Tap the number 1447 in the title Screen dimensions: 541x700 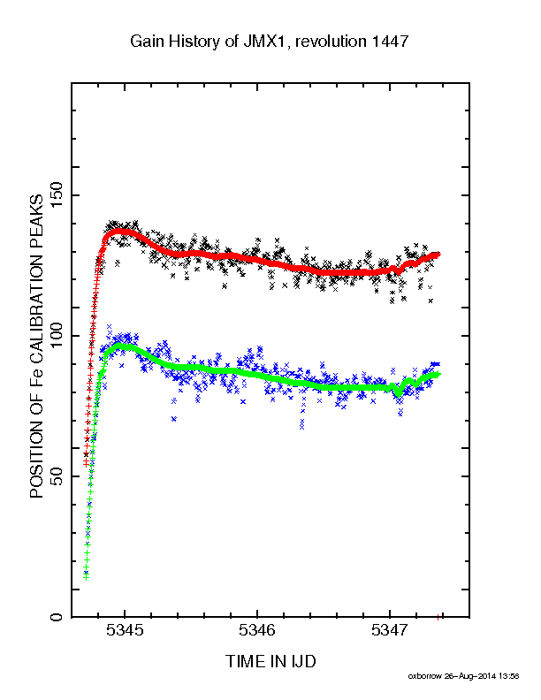390,42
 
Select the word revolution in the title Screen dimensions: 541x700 331,42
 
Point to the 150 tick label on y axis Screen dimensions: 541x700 57,195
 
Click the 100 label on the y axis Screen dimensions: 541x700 57,336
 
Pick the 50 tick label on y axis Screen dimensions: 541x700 57,476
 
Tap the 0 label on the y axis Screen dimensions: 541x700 57,617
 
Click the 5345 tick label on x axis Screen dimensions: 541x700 125,630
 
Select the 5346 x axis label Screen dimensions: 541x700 257,630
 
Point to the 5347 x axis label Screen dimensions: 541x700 390,630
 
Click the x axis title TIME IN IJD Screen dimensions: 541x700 271,661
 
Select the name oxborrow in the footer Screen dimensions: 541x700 424,676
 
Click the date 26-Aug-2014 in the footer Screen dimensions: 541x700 470,676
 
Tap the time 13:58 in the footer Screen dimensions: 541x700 509,676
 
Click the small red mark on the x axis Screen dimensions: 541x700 438,618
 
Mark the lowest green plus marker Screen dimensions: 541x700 86,578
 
